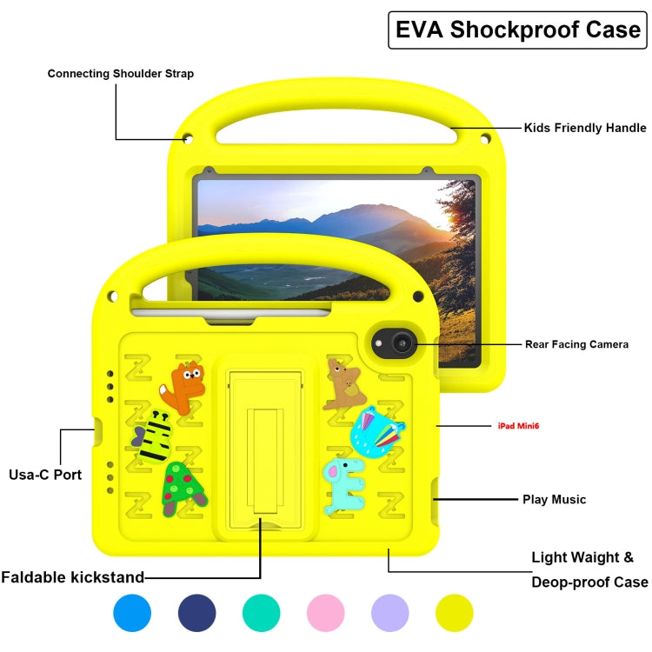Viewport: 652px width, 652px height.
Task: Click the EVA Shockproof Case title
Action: [x=518, y=30]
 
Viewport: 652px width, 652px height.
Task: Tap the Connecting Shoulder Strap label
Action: [x=121, y=74]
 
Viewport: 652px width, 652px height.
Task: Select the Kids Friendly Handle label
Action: [x=584, y=128]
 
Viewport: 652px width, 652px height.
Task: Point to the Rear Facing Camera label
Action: [x=576, y=344]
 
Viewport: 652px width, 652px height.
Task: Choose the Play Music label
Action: [x=554, y=499]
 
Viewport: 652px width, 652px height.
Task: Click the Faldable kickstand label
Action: [x=73, y=577]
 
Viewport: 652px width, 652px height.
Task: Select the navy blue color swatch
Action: [x=197, y=613]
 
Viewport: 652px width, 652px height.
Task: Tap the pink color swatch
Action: [x=326, y=613]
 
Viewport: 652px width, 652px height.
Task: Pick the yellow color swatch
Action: [x=455, y=613]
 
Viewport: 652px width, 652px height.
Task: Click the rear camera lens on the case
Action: [x=401, y=344]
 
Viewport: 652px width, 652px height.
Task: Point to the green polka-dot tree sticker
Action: [x=183, y=488]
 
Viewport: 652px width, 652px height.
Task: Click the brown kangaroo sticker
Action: [x=344, y=385]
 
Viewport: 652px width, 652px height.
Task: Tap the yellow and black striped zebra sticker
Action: [x=154, y=434]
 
